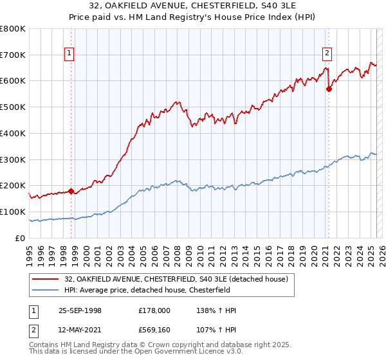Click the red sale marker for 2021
click(329, 89)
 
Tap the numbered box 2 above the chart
click(327, 53)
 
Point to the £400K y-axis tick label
click(13, 133)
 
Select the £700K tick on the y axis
click(13, 55)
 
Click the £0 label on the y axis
click(21, 238)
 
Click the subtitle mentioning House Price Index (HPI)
click(193, 17)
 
